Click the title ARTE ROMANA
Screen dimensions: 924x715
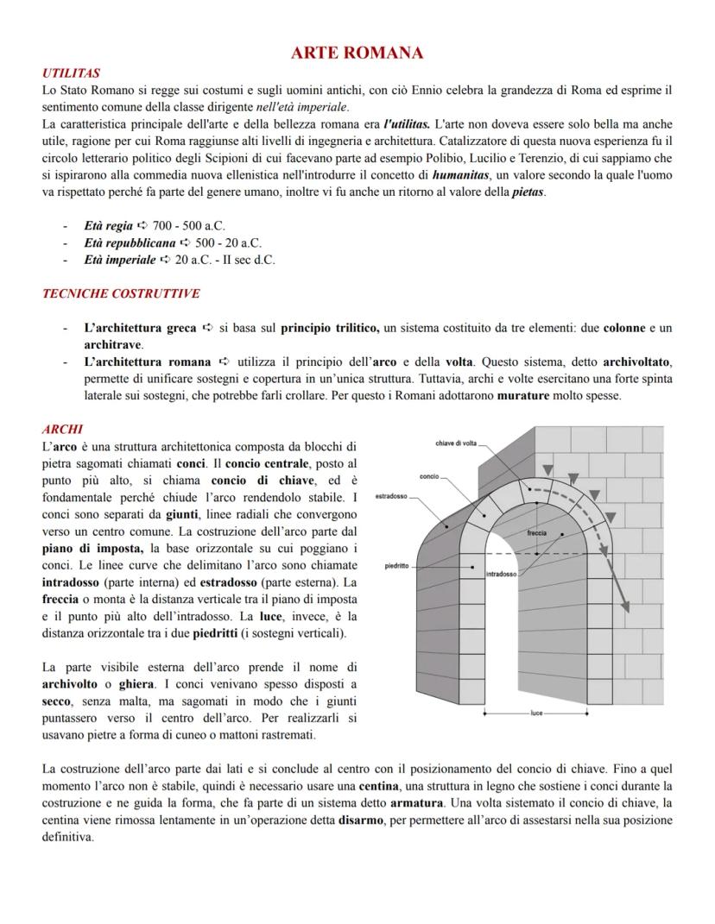[357, 53]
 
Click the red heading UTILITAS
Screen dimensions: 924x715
[71, 74]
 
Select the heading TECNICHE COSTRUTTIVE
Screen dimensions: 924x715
[121, 293]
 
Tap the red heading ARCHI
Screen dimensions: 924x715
[61, 429]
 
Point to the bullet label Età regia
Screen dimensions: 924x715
[109, 225]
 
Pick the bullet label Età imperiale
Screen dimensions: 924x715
[120, 260]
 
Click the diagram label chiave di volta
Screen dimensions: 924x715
[456, 443]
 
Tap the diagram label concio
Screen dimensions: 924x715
[430, 476]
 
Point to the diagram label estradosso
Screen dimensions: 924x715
[393, 497]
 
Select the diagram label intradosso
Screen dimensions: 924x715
[502, 574]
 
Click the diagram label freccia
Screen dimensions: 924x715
[537, 533]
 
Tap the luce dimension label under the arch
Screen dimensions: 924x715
[536, 713]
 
